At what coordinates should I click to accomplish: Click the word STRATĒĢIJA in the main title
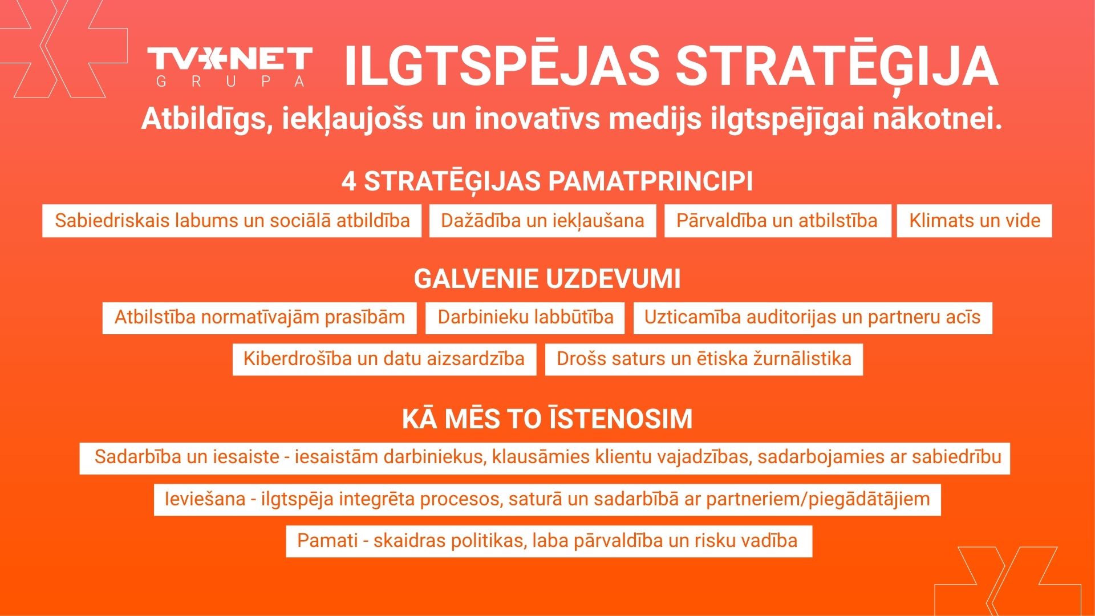837,66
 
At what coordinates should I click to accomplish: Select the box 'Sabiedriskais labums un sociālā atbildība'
232,221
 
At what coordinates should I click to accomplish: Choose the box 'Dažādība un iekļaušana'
542,221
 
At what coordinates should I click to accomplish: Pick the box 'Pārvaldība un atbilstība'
777,221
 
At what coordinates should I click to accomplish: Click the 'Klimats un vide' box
975,221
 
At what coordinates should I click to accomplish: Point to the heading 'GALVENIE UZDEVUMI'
547,279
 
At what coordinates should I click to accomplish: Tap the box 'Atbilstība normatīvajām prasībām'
259,318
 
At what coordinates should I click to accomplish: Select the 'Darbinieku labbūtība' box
525,318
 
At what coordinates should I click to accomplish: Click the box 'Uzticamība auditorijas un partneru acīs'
813,318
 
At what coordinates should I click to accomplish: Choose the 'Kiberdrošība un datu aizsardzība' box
384,359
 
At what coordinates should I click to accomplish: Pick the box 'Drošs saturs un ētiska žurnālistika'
704,359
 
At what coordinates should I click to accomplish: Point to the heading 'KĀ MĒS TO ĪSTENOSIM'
547,419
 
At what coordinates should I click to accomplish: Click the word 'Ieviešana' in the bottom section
205,499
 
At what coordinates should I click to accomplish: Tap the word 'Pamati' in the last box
327,541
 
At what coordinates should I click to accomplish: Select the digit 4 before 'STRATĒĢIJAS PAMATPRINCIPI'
349,181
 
